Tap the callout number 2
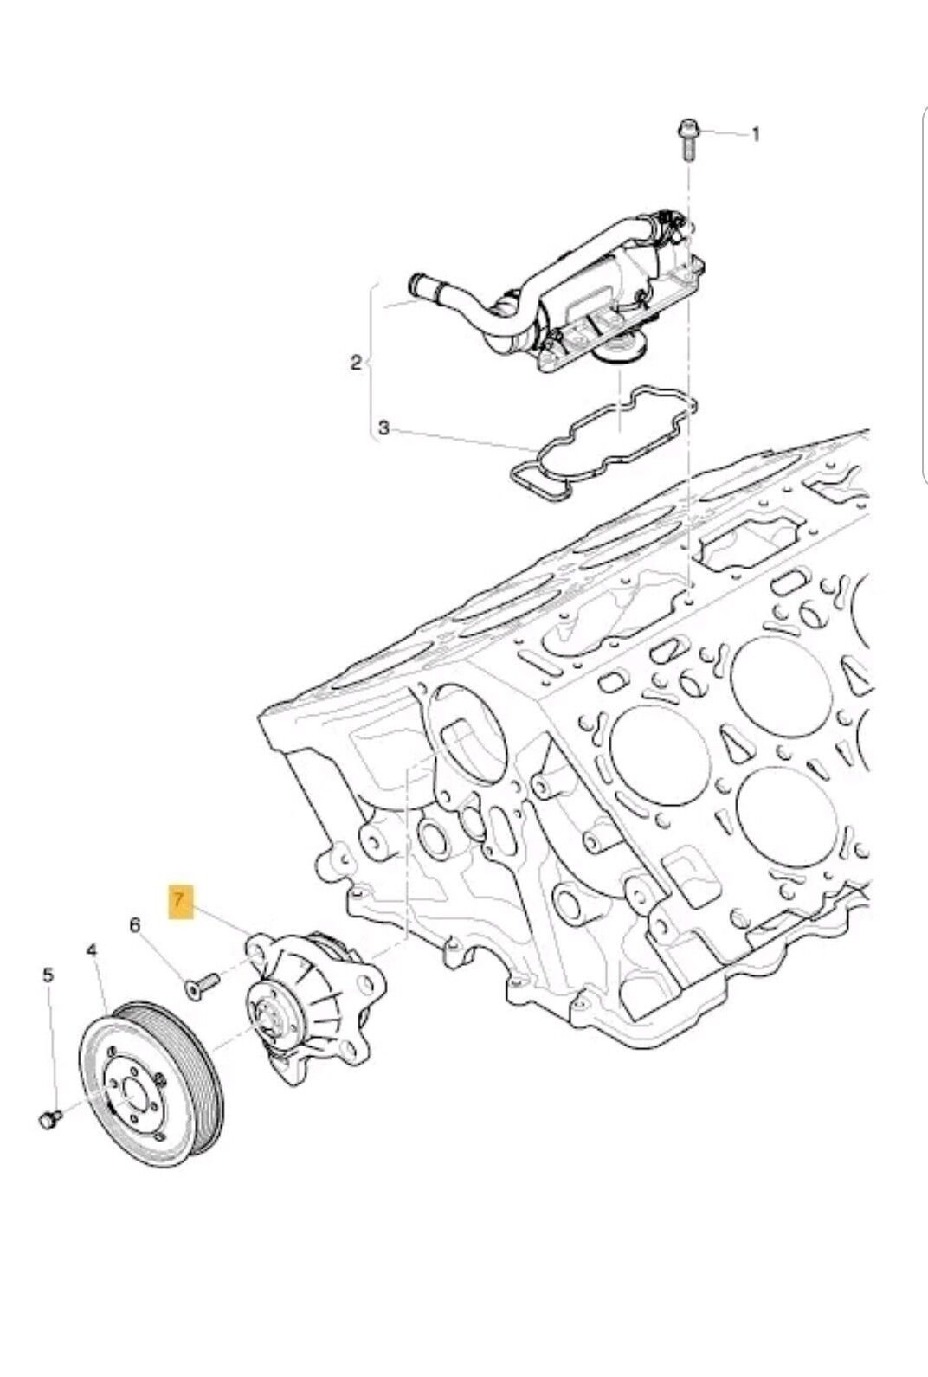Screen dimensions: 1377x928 356,363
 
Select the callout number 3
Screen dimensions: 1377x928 383,428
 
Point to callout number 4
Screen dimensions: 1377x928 92,951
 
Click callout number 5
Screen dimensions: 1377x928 48,975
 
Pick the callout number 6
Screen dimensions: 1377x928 134,925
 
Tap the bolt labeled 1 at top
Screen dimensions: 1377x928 686,141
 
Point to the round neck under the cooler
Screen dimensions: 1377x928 615,356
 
